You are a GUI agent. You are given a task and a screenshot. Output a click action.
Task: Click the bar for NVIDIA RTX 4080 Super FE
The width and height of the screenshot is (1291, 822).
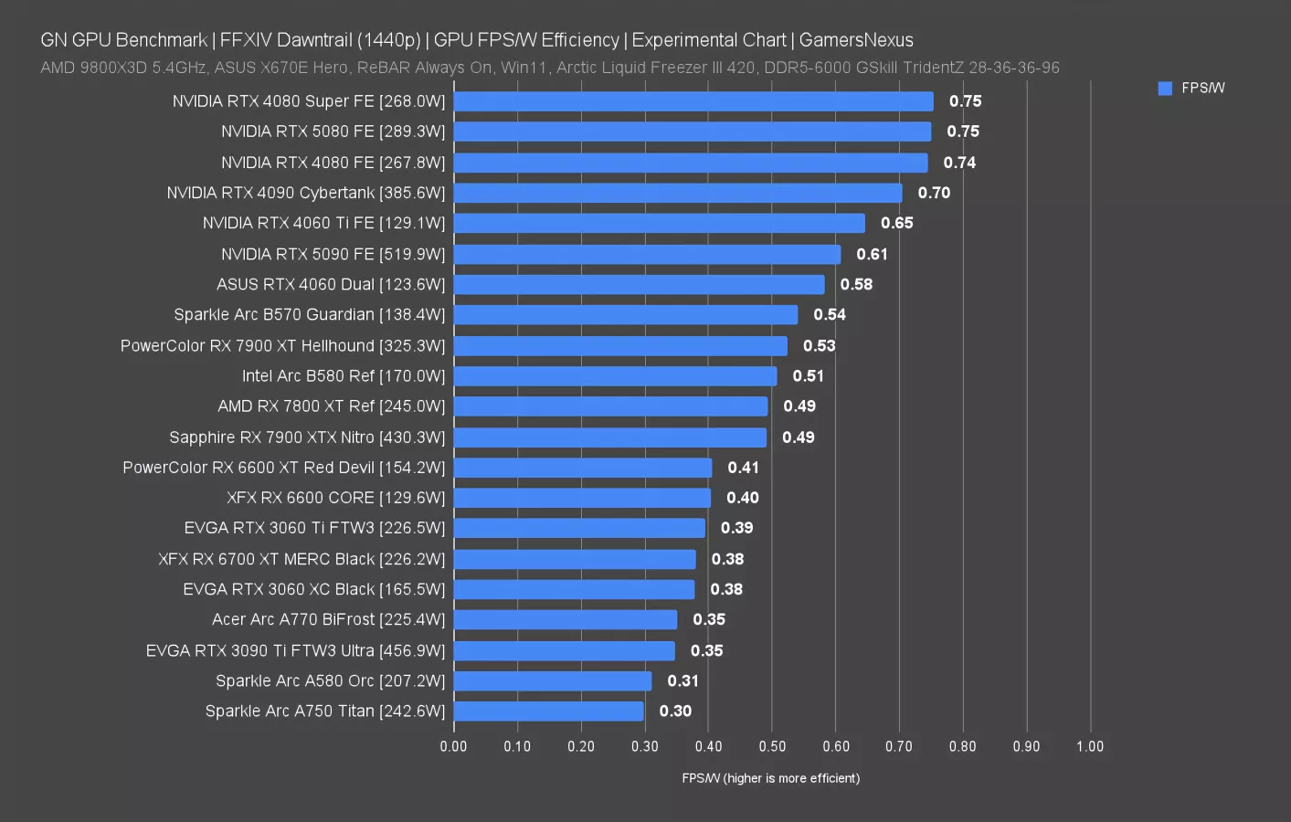tap(693, 101)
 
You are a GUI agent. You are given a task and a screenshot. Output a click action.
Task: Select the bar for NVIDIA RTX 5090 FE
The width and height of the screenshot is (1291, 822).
tap(647, 254)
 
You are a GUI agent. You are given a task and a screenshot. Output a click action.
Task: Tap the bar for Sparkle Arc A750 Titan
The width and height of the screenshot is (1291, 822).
tap(548, 711)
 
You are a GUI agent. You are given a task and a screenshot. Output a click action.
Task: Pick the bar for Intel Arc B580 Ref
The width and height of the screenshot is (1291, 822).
tap(615, 376)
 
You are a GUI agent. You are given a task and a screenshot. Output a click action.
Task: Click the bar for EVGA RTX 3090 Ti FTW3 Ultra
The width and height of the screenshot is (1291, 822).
tap(564, 651)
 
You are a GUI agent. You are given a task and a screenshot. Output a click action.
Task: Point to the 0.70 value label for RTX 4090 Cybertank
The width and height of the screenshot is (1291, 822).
tap(934, 193)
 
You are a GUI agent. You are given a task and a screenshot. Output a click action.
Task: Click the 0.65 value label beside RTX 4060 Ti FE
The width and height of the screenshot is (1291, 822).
tap(896, 223)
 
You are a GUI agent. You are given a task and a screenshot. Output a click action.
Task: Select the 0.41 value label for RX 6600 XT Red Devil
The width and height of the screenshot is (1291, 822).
tap(743, 468)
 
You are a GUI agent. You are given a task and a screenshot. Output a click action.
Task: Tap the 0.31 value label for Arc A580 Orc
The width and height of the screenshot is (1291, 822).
tap(683, 681)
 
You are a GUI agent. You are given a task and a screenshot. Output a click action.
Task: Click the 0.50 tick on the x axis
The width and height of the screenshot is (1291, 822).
tap(772, 746)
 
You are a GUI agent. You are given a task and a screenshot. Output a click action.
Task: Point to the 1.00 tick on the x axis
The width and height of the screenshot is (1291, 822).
tap(1089, 746)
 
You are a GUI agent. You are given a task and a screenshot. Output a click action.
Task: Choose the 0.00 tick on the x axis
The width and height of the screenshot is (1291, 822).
tap(453, 746)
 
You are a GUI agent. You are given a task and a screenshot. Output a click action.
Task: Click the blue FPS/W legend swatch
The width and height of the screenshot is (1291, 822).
tap(1165, 89)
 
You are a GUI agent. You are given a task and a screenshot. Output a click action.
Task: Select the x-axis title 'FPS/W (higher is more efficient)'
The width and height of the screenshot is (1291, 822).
tap(770, 778)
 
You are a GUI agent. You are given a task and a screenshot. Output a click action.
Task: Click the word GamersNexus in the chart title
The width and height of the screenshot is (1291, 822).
tap(856, 40)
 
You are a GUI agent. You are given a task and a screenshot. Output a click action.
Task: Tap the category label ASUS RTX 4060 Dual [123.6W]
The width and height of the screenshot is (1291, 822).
tap(331, 284)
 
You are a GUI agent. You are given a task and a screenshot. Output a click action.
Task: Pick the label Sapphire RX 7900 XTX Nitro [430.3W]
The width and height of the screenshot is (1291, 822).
tap(307, 437)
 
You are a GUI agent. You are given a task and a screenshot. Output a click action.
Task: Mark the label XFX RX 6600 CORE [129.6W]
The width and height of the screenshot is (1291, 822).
tap(336, 498)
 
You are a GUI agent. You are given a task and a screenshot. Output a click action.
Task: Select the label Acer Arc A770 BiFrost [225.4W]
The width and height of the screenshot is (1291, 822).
tap(328, 619)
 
